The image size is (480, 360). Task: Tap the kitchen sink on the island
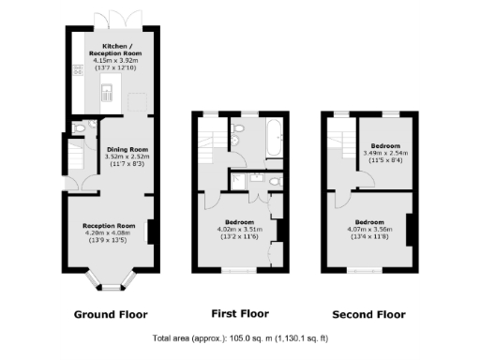coord(110,92)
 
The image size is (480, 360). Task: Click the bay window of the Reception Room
coord(110,279)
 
